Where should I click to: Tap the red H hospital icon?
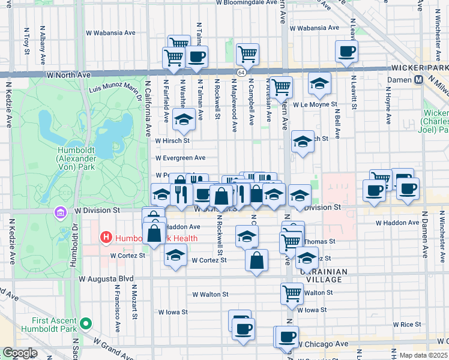[x=107, y=238]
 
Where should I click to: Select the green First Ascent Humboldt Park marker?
[x=86, y=324]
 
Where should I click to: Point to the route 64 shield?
[x=241, y=73]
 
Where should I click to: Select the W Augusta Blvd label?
[x=106, y=279]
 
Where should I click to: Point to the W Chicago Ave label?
[x=324, y=344]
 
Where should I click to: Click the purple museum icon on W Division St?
[x=59, y=212]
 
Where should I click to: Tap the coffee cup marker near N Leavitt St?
[x=346, y=52]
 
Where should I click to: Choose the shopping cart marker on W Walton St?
[x=292, y=293]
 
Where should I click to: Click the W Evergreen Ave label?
[x=180, y=158]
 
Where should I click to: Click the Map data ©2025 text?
[x=423, y=355]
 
